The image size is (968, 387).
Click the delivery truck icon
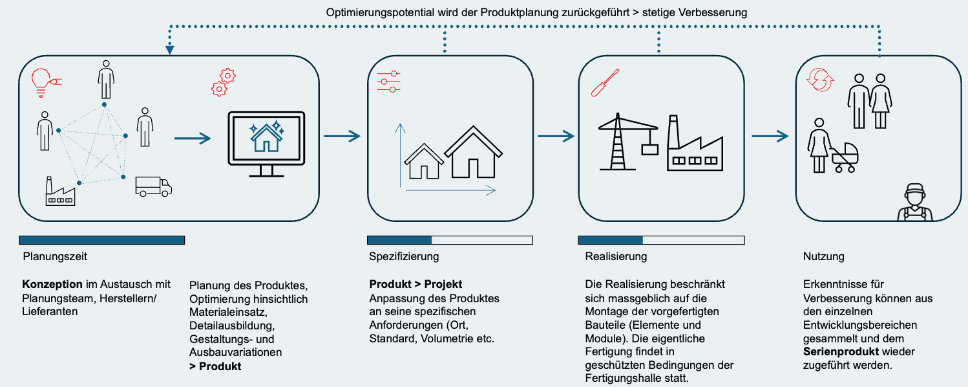coord(154,186)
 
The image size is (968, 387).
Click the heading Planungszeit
coord(55,256)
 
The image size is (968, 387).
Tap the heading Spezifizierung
coord(404,256)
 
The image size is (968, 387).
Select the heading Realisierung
coord(616,256)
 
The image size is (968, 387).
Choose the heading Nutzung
coord(824,256)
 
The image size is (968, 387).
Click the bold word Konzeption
coord(52,284)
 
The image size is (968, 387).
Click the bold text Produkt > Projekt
coord(416,284)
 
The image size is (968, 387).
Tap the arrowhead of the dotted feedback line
coord(169,50)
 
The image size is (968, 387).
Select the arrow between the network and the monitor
coord(193,138)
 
